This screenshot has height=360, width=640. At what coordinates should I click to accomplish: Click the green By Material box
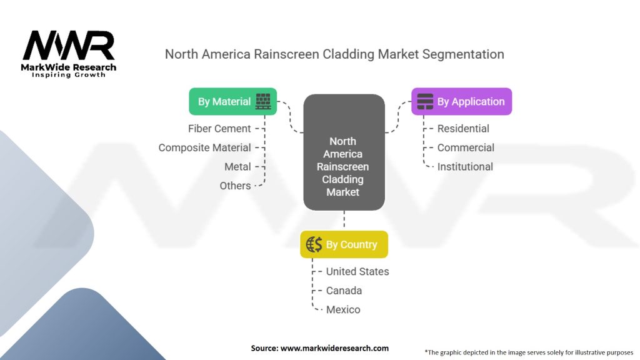click(232, 101)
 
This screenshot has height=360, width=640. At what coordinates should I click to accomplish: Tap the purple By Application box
click(461, 101)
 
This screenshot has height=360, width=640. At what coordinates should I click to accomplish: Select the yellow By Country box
click(344, 244)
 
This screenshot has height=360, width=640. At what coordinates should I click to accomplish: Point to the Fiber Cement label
click(219, 129)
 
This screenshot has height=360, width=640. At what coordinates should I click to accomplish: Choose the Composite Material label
click(204, 147)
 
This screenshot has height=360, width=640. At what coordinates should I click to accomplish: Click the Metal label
click(237, 167)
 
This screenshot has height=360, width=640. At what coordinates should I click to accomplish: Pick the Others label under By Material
click(235, 186)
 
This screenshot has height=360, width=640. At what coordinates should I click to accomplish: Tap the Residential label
click(463, 129)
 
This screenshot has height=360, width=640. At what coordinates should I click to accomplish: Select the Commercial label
click(466, 147)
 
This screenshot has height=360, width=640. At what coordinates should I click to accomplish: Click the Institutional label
click(465, 167)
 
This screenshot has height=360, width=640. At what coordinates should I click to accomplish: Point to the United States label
click(357, 272)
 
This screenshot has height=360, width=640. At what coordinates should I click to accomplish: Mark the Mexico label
click(343, 309)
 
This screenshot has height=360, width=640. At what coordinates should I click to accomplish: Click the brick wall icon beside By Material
click(263, 101)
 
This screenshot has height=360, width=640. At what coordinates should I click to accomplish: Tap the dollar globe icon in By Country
click(314, 244)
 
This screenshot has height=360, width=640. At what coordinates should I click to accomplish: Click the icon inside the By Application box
click(425, 101)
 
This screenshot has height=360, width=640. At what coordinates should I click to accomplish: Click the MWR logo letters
click(69, 46)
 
